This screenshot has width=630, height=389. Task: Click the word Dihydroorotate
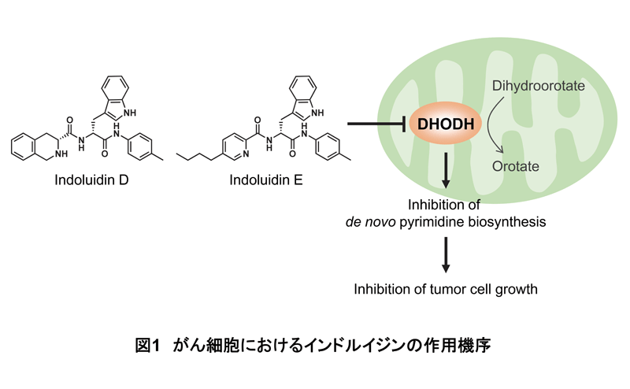(x=539, y=83)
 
